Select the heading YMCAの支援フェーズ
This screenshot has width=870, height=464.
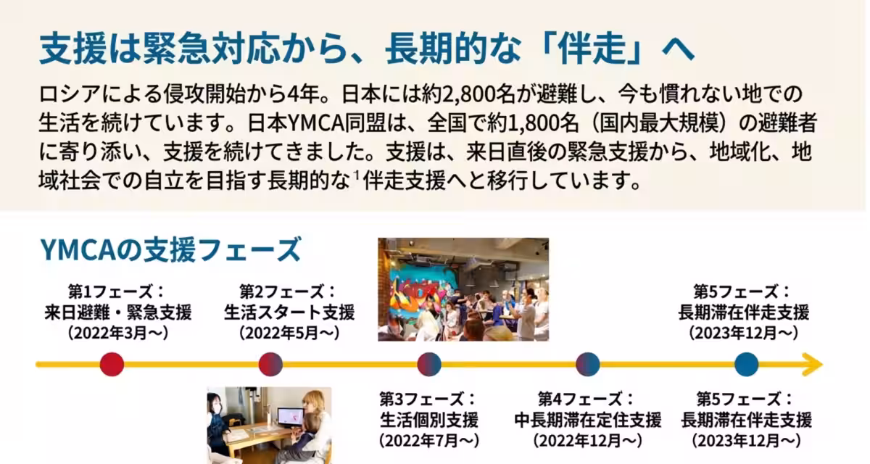pos(170,249)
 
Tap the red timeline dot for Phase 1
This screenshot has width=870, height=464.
pos(112,364)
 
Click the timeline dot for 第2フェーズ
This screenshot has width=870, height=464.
pos(270,364)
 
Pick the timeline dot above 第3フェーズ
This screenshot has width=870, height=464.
pos(429,364)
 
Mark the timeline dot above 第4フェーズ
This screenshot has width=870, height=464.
pos(587,364)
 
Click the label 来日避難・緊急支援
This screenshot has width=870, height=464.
pos(118,313)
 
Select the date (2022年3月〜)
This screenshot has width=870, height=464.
pos(117,333)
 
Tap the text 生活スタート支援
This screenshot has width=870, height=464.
pos(289,313)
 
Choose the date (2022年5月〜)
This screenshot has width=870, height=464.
pos(289,333)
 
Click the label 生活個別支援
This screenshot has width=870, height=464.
pos(429,420)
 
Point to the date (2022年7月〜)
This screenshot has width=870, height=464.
pos(429,440)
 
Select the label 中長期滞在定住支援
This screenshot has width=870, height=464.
pos(587,420)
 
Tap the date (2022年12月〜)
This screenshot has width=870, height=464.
pos(587,440)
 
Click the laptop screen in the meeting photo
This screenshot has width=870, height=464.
pos(291,417)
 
